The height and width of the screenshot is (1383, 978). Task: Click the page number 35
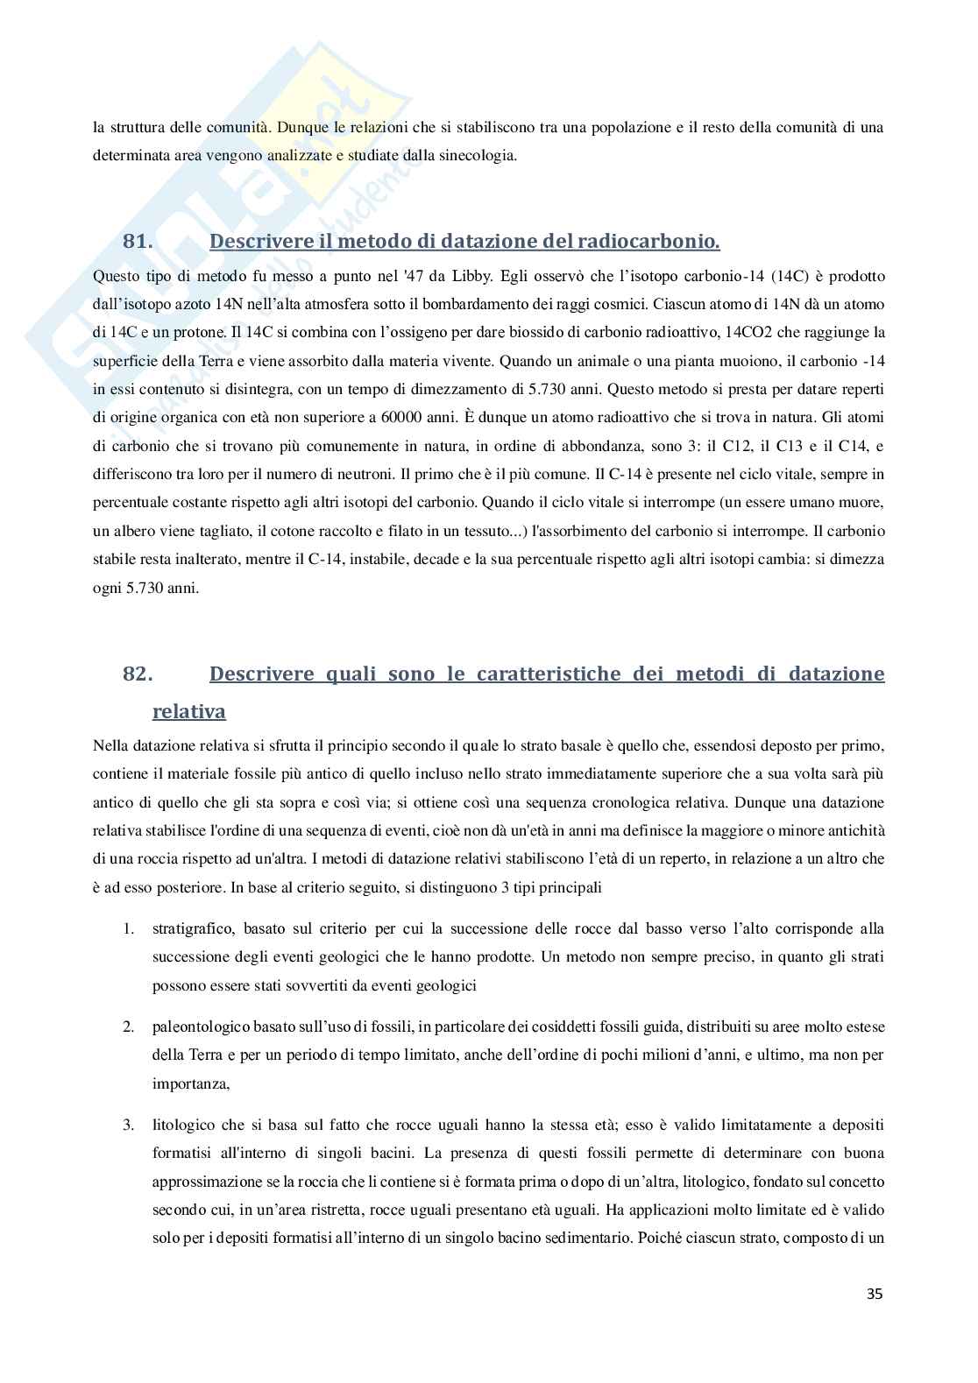click(x=874, y=1319)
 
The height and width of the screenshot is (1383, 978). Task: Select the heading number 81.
click(x=138, y=241)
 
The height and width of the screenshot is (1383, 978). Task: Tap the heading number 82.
click(x=138, y=674)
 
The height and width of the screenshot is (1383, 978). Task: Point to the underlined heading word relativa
click(x=188, y=711)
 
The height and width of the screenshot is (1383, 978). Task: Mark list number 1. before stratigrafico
click(x=128, y=928)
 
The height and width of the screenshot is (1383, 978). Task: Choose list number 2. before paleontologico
click(x=128, y=1027)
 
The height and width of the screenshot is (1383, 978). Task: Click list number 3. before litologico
click(x=128, y=1124)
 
